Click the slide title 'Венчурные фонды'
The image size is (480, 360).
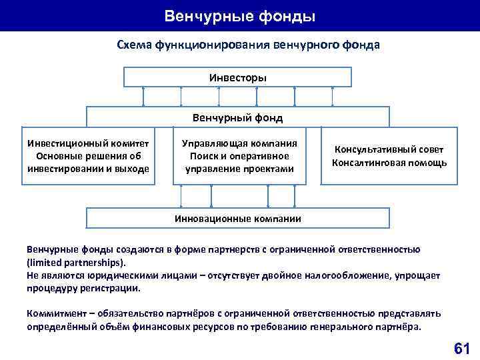[x=239, y=15]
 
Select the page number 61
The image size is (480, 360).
[x=461, y=347]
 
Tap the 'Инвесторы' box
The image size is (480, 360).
[x=238, y=78]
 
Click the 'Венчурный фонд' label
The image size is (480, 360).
[x=238, y=118]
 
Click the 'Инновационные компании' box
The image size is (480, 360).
[x=238, y=218]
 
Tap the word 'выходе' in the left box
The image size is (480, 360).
[x=133, y=169]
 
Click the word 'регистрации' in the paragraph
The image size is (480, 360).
[x=113, y=288]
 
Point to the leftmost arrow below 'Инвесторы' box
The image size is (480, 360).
[x=143, y=97]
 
